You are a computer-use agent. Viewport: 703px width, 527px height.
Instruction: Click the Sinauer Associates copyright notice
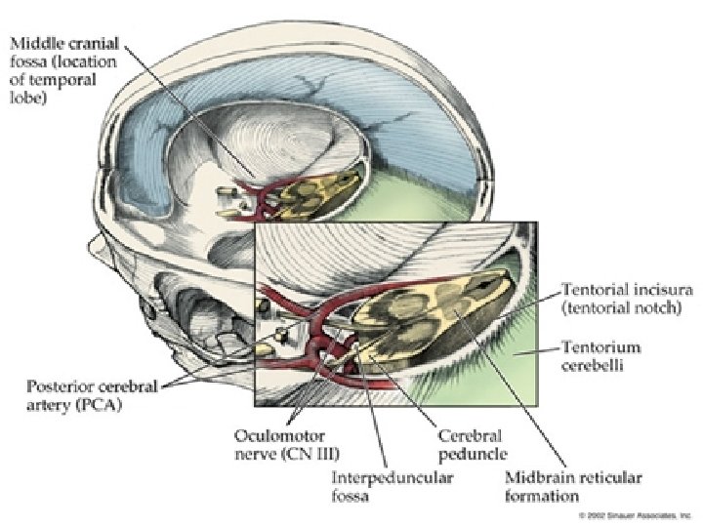[635, 513]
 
